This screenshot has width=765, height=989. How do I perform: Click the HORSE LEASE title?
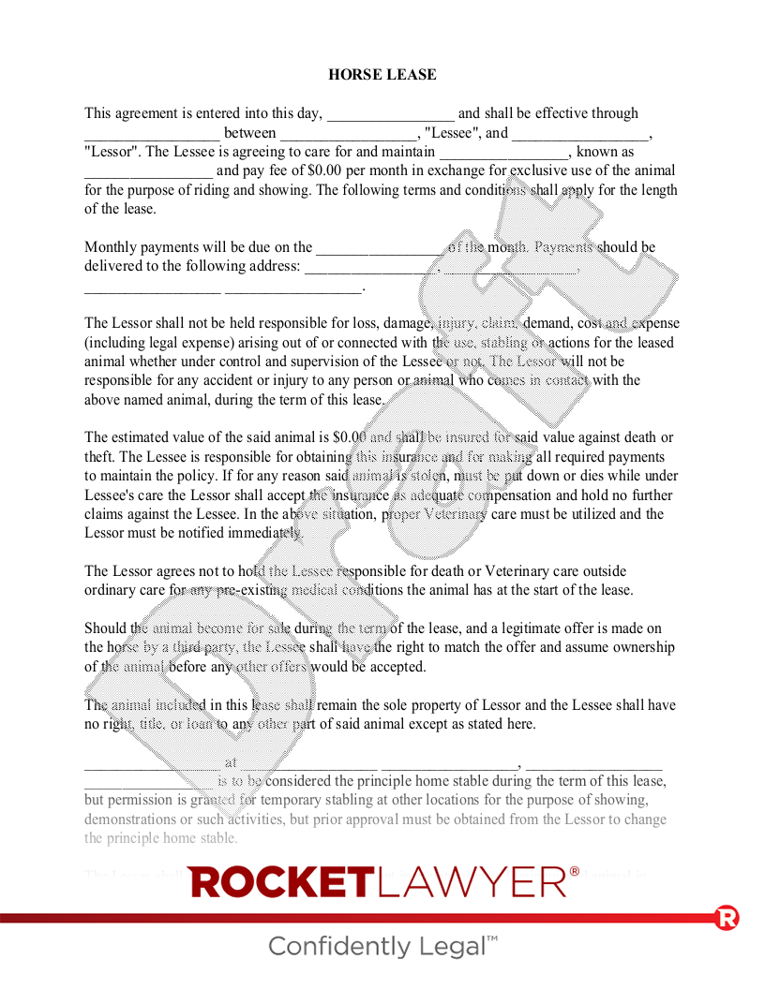(382, 75)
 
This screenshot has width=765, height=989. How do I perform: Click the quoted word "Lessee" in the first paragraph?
(452, 133)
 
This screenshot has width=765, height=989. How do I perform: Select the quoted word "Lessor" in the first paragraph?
(112, 152)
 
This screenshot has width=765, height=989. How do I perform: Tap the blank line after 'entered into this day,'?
(390, 114)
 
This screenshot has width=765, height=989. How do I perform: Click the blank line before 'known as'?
(504, 152)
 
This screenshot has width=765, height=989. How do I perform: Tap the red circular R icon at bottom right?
(727, 917)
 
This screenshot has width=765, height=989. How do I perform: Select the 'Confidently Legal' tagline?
(382, 946)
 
